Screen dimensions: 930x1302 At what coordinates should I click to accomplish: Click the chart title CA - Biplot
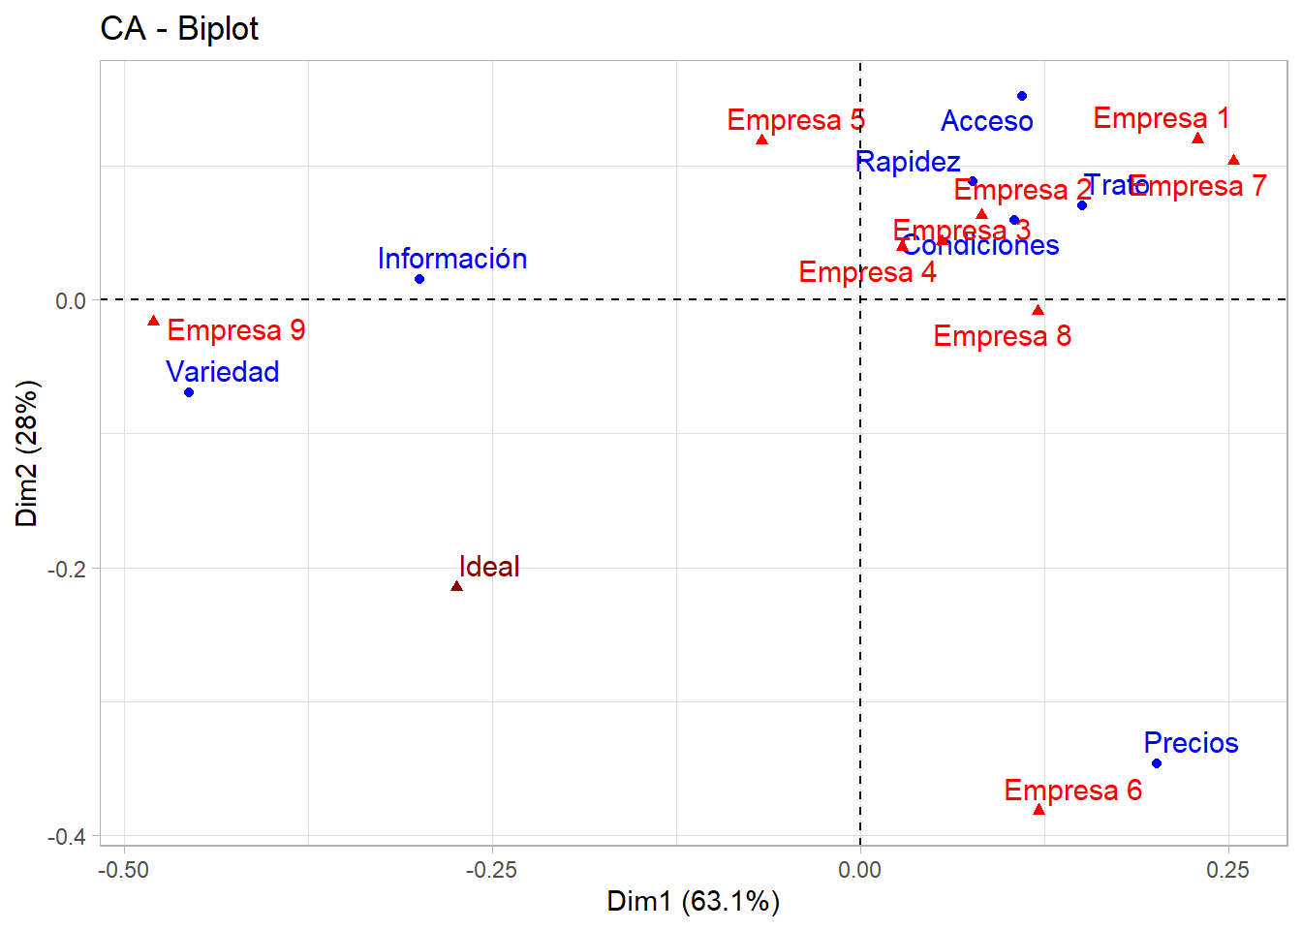click(x=179, y=29)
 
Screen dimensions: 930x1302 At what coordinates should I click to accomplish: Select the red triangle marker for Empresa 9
click(x=153, y=321)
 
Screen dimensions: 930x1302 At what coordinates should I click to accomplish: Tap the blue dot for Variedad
click(x=189, y=392)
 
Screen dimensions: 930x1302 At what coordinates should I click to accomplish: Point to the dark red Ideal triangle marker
click(x=456, y=586)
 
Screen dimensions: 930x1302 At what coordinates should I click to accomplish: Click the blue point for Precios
click(x=1157, y=763)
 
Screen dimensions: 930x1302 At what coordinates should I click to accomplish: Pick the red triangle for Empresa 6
click(x=1039, y=810)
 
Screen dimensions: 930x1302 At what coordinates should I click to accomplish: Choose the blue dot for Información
click(x=419, y=279)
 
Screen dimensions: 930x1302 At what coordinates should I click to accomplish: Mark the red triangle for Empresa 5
click(x=762, y=139)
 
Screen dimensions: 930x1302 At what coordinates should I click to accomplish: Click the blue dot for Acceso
click(x=1022, y=96)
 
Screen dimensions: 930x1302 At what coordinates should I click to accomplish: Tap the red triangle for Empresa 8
click(x=1038, y=310)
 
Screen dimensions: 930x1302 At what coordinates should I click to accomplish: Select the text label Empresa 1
click(x=1161, y=118)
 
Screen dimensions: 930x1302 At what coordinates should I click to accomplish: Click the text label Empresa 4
click(x=867, y=272)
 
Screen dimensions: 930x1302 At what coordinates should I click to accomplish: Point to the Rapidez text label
click(x=908, y=162)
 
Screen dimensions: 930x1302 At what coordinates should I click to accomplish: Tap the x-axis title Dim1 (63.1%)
click(x=693, y=901)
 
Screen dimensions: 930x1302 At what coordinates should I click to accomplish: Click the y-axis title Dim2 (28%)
click(x=27, y=452)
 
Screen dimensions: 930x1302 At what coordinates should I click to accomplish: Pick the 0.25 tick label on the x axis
click(x=1228, y=870)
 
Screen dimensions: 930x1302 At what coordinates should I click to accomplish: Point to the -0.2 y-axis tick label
click(x=67, y=569)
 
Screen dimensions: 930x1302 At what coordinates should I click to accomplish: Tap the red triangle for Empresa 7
click(x=1233, y=161)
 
